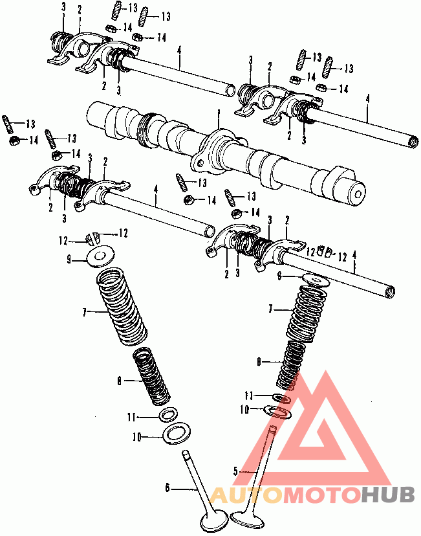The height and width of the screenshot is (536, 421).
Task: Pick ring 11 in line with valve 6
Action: point(169,414)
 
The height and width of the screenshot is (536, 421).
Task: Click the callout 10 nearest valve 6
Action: point(136,437)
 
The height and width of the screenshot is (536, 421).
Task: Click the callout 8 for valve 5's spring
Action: point(259,363)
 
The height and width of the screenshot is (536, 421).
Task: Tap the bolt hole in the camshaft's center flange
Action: point(200,163)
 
